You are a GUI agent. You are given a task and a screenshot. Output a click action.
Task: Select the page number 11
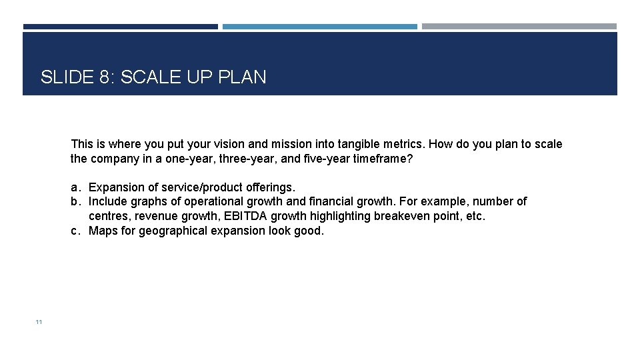click(x=39, y=322)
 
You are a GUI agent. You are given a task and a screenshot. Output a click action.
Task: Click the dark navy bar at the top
click(x=121, y=27)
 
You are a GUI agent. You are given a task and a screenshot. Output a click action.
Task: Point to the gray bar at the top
click(x=519, y=27)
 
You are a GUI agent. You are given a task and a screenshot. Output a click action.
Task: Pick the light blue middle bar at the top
click(x=319, y=27)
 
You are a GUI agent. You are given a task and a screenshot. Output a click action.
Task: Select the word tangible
click(x=361, y=144)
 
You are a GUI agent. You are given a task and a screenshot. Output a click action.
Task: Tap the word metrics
click(x=405, y=144)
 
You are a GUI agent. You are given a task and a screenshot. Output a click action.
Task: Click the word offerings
click(x=269, y=187)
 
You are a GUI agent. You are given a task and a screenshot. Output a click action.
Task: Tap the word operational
click(x=213, y=201)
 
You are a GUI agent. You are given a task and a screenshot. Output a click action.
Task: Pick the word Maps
click(x=103, y=231)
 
